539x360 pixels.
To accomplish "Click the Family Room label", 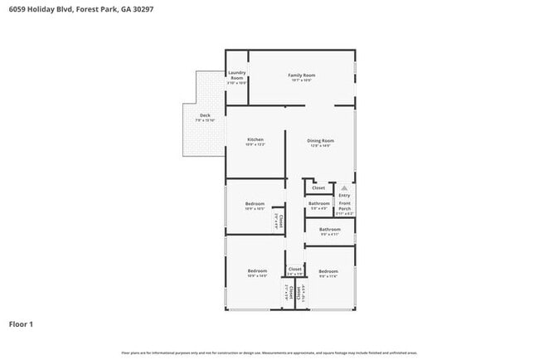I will tap(301, 75).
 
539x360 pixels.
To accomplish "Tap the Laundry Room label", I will tap(236, 75).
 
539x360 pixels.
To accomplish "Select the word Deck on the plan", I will tap(204, 115).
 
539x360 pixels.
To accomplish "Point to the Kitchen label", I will tap(255, 139).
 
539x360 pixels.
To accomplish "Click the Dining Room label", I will tap(320, 141).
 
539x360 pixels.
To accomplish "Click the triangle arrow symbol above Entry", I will tap(344, 188).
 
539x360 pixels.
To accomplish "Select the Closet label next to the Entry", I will tap(319, 188).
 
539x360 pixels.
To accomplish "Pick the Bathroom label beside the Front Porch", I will tap(319, 203).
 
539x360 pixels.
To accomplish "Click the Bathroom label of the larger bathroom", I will tap(330, 229).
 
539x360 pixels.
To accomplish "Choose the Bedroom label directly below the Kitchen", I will tap(255, 204).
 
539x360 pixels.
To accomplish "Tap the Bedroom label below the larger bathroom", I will tap(328, 271).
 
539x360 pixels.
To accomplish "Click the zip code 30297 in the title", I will tap(142, 9).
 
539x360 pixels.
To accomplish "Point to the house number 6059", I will tap(17, 9).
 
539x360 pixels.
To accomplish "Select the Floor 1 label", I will tap(21, 324).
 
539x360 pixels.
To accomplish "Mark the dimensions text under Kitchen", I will tap(255, 145).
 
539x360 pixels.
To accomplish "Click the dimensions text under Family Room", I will tap(301, 80).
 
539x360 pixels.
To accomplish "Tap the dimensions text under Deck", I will tap(204, 120).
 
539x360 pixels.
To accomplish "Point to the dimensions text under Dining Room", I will tap(320, 146).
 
